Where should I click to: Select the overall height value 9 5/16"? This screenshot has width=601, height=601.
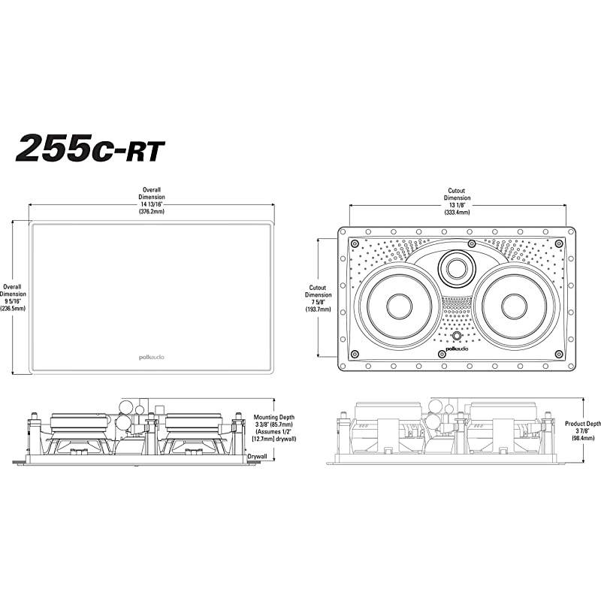(x=11, y=300)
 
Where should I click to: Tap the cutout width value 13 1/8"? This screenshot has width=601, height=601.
(x=457, y=204)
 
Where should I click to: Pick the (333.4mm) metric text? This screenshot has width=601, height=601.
(x=457, y=213)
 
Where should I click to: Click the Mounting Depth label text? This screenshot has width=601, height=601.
(x=273, y=416)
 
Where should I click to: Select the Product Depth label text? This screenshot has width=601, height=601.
(x=582, y=424)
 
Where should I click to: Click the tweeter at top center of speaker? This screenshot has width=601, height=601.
(x=456, y=266)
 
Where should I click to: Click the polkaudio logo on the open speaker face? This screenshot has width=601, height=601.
(x=456, y=349)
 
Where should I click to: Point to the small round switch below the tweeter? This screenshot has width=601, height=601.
(x=456, y=336)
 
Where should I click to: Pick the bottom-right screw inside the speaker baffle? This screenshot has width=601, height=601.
(x=557, y=355)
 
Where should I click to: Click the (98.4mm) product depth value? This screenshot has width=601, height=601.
(x=582, y=439)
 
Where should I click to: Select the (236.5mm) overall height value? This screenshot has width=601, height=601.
(x=11, y=308)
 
